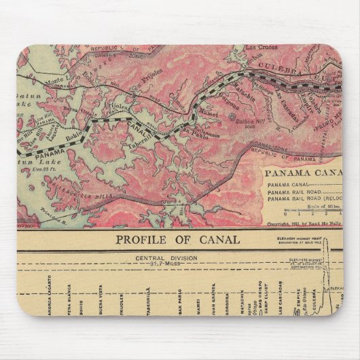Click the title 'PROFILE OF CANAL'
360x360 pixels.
click(177, 240)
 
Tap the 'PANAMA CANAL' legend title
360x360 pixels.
click(303, 171)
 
